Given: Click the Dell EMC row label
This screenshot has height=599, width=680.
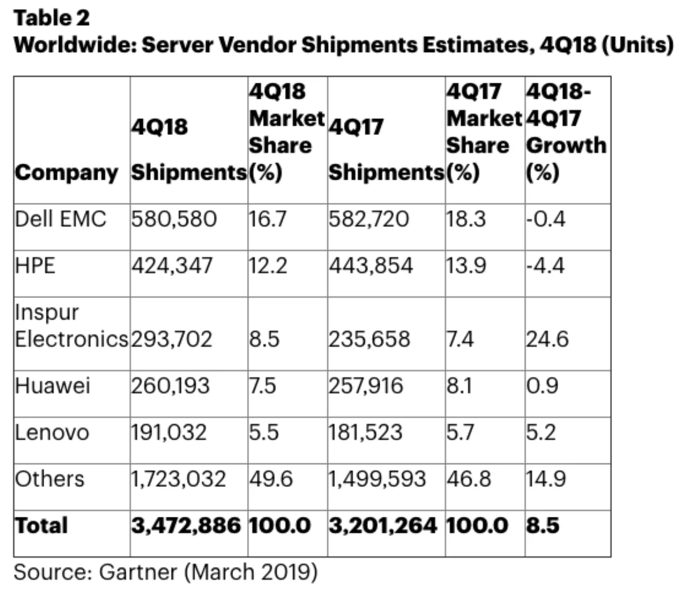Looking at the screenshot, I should pos(60,219).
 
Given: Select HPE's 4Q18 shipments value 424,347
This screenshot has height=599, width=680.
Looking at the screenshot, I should pos(172,265).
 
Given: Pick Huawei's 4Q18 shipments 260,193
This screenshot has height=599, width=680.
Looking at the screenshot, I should pos(171,386).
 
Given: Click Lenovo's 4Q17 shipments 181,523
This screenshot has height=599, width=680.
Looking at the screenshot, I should pos(365,432).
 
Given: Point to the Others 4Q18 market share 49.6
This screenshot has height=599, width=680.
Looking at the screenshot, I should pos(271,479).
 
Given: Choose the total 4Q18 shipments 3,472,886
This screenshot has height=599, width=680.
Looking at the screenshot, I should pos(186,525).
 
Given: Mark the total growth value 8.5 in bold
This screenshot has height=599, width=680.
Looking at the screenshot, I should pos(542,525).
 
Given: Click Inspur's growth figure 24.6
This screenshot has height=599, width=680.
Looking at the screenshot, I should pos(547,339).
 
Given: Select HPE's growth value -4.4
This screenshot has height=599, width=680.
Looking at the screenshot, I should pos(545,265).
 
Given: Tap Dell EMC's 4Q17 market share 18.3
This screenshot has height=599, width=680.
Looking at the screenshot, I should pos(466,219).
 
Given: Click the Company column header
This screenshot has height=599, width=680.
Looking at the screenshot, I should pos(67,172).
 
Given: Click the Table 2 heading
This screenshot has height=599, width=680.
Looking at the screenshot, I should pos(52,18).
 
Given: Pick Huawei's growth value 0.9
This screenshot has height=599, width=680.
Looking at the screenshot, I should pos(542,386).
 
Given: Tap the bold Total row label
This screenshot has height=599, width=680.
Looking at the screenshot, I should pos(41,525).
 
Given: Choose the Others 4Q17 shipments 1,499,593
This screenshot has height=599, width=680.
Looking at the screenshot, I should pos(377,479).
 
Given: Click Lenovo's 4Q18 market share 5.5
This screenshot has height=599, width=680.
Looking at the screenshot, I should pos(264,432).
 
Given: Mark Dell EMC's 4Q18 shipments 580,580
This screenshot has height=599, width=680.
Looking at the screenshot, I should pos(174,219).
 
